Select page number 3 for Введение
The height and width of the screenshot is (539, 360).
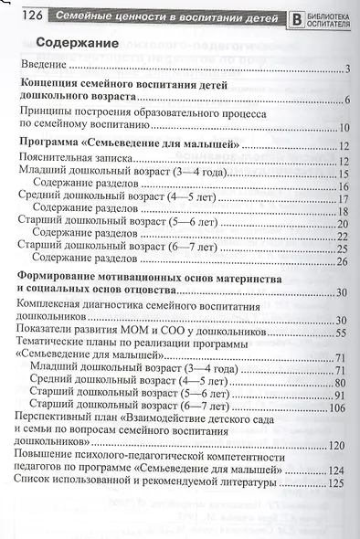pyautogui.click(x=349, y=69)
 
